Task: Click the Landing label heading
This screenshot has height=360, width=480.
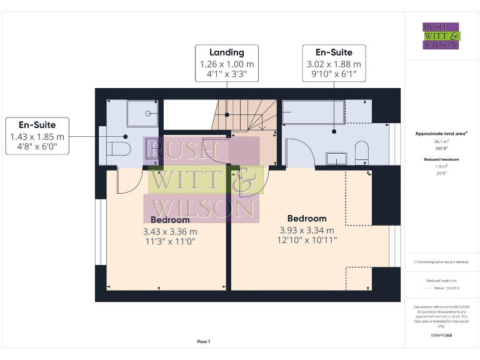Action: pyautogui.click(x=226, y=52)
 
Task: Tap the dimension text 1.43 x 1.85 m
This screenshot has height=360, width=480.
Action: pyautogui.click(x=37, y=137)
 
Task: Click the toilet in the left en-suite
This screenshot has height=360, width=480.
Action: pyautogui.click(x=119, y=148)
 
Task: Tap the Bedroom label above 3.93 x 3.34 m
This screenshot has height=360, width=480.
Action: pyautogui.click(x=307, y=218)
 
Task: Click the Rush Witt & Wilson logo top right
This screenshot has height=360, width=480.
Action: pyautogui.click(x=441, y=36)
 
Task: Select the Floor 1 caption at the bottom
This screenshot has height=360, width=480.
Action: pyautogui.click(x=203, y=341)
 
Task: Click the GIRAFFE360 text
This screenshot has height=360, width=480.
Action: pyautogui.click(x=442, y=336)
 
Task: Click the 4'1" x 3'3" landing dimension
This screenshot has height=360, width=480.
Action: pyautogui.click(x=226, y=74)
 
